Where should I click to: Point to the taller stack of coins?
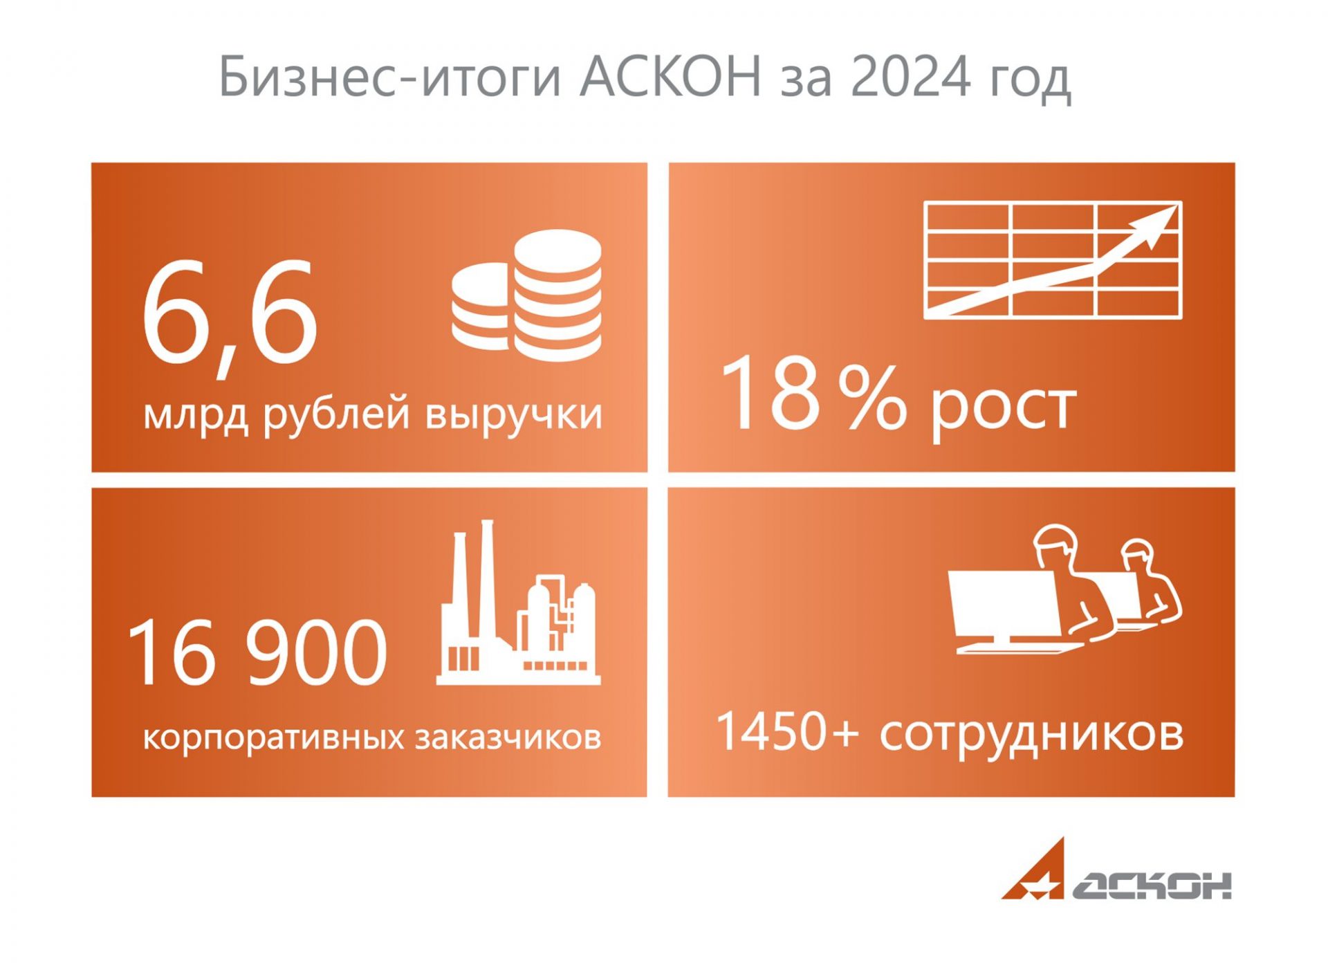557,295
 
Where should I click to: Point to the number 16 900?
257,652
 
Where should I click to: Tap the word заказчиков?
508,737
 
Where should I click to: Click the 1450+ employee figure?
788,731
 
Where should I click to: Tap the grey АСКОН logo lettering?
1152,885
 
